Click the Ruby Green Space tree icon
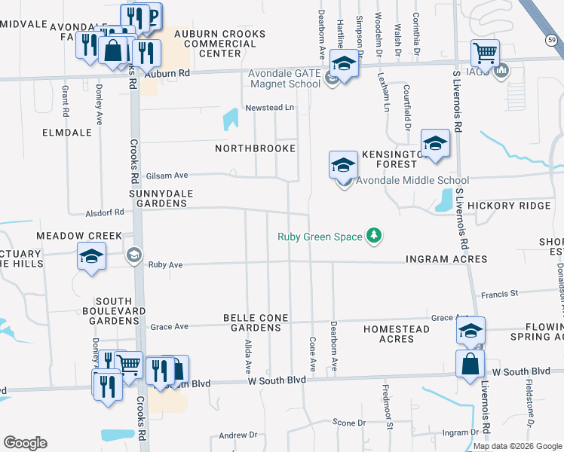point(373,237)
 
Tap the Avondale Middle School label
point(412,180)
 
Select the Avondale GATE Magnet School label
point(284,78)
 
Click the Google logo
point(25,443)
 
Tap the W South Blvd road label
point(277,380)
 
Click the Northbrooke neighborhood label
point(255,148)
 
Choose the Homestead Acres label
point(399,334)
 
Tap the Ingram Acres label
point(446,259)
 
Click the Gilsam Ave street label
point(167,175)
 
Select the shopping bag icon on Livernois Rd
point(470,363)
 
